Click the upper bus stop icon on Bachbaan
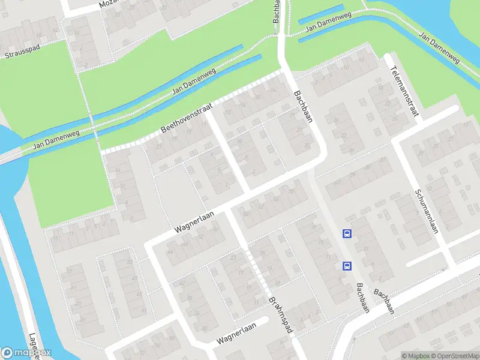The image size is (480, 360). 347,233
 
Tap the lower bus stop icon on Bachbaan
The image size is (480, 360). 347,265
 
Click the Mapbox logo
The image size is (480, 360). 26,353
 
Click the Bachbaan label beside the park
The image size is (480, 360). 304,106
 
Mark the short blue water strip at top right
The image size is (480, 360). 321,14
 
